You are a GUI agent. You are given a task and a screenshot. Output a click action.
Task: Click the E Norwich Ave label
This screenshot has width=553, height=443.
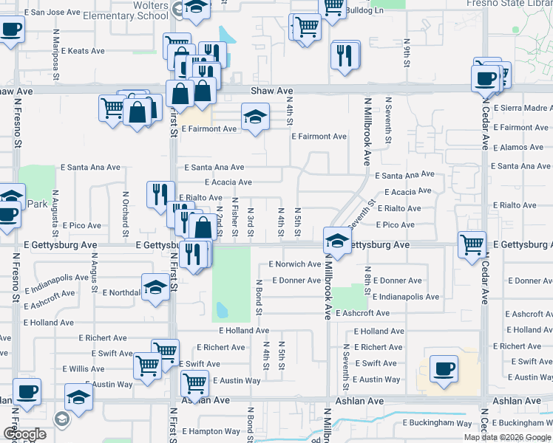[x=294, y=264]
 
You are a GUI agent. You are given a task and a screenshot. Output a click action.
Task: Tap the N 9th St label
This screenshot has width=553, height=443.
[x=407, y=53]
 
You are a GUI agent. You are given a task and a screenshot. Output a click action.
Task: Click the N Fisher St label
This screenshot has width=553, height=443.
[x=234, y=217]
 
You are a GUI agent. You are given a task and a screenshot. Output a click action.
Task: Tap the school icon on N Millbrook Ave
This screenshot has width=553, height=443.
[x=337, y=241]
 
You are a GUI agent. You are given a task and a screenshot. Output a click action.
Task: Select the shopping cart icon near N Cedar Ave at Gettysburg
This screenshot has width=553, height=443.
[x=472, y=243]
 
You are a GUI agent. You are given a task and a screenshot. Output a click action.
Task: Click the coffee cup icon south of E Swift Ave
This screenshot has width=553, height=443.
[x=444, y=369]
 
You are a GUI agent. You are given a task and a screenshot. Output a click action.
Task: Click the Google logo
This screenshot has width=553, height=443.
[x=24, y=434]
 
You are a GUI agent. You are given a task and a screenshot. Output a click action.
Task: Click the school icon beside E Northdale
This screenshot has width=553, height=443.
[x=155, y=287]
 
